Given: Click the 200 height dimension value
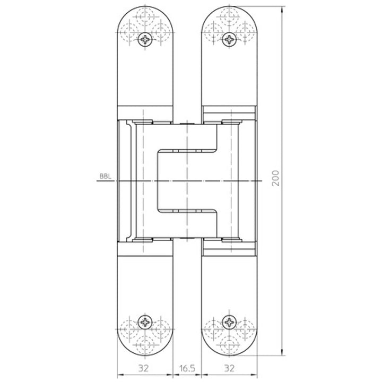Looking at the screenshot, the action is point(275,178).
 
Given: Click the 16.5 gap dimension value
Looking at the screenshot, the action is point(187,368).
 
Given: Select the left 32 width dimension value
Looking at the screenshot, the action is point(143,368).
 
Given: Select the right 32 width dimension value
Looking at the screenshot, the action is point(229,368).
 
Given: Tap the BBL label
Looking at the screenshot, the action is point(105,176).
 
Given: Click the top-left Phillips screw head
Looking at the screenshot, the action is point(145,39).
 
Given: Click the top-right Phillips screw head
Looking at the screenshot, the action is point(229,39).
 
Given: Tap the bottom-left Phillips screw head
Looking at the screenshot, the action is point(145,322).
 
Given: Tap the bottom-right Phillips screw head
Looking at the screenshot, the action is point(229,322).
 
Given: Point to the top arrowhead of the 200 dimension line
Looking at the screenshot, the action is point(282,10).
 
